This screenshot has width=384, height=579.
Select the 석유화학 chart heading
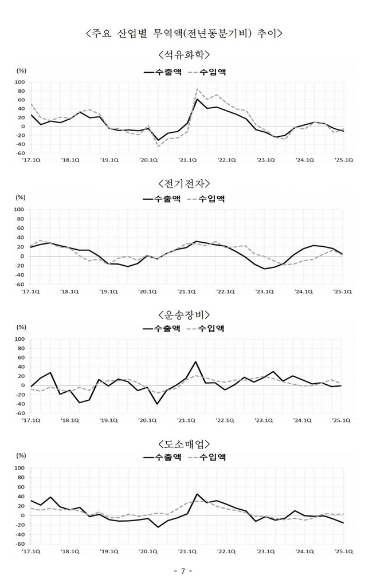coord(183,55)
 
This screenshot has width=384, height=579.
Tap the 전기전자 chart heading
coord(183,183)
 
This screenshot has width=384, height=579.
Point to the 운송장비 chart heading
coord(183,314)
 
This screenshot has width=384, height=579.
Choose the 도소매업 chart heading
coord(183,443)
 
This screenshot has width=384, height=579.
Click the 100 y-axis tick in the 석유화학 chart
coord(19,82)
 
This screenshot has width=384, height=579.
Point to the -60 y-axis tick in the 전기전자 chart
coord(19,285)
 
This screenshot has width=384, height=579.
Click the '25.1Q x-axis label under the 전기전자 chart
coord(342,292)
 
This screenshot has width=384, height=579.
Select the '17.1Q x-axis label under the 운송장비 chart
coord(31,420)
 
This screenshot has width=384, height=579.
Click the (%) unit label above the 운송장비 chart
coord(21,327)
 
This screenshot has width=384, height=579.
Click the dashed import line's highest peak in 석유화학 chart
coord(197,89)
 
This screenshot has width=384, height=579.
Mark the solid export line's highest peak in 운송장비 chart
coord(196,362)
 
